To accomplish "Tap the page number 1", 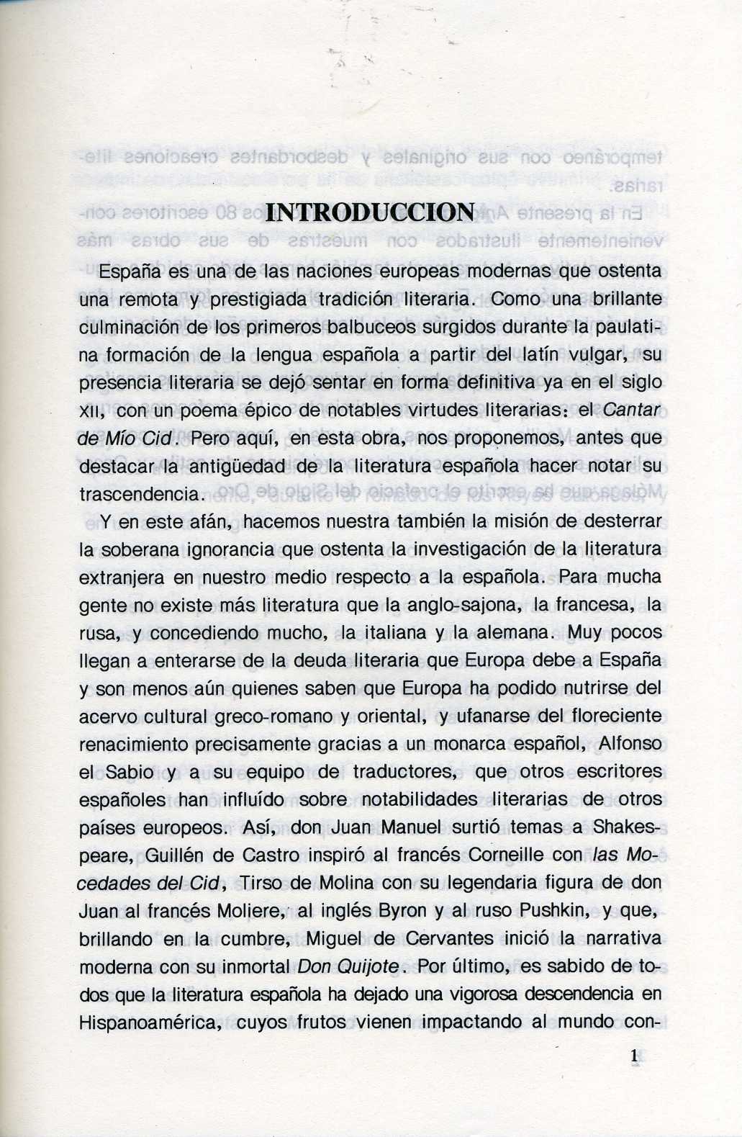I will pyautogui.click(x=634, y=1056).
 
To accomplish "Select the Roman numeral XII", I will pyautogui.click(x=92, y=412).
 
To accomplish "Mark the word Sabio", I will pyautogui.click(x=130, y=772).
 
